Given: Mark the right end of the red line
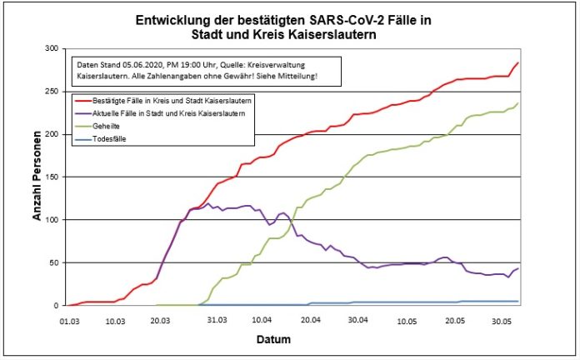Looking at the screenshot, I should pyautogui.click(x=518, y=62).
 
